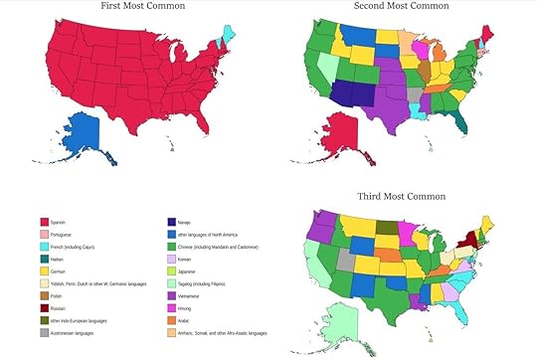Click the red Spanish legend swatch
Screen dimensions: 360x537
[x=44, y=223]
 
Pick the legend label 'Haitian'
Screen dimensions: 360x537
[x=65, y=257]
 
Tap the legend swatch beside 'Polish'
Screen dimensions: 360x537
[x=44, y=297]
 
